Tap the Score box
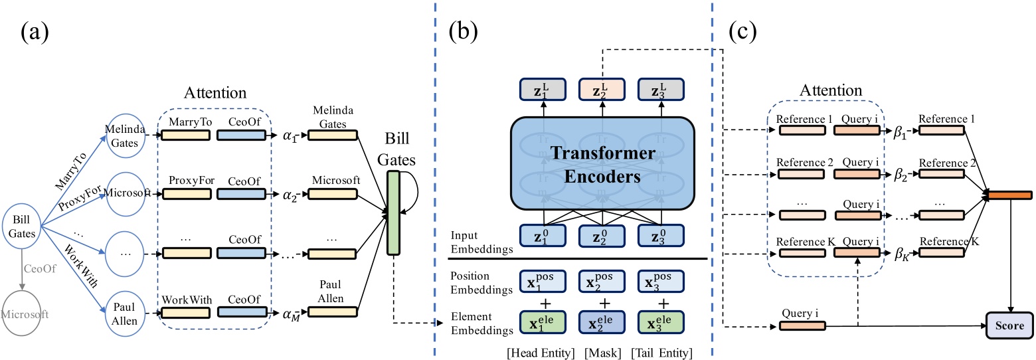1010,326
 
